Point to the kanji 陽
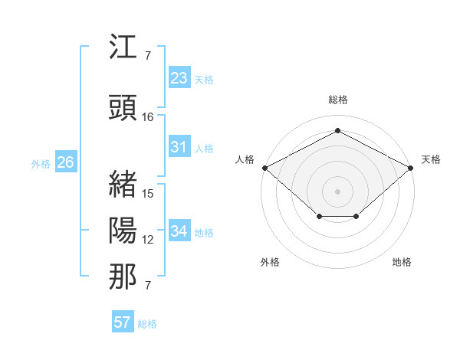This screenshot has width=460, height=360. [123, 230]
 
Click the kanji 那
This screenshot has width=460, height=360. [123, 277]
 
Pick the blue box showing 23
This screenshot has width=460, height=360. [179, 78]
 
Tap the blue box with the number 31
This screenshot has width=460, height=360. [179, 147]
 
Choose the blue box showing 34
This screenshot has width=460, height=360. [179, 231]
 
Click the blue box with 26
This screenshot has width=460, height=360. [65, 162]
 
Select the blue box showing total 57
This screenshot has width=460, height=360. [123, 322]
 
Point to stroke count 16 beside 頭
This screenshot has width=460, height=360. [148, 117]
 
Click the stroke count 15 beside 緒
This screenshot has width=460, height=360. [148, 193]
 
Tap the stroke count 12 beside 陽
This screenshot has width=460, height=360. [148, 240]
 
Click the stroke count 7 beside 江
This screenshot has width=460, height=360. [147, 56]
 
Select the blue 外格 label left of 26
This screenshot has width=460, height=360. [41, 163]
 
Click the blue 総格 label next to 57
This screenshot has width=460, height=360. [147, 324]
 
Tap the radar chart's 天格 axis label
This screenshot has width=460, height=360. [431, 159]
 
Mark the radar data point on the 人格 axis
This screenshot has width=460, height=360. [264, 167]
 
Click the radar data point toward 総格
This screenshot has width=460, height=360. [337, 131]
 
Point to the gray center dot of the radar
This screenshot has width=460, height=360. [337, 191]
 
